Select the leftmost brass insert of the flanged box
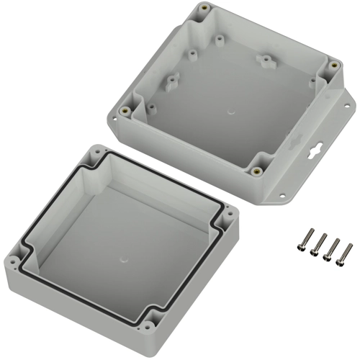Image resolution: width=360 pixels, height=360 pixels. click(126, 111)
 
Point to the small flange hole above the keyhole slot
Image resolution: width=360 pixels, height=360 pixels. click(348, 104)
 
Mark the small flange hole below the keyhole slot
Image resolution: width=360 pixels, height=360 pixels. click(283, 195)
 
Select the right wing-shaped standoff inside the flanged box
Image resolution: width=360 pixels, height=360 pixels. click(266, 60)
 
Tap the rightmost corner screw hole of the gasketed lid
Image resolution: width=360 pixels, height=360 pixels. click(228, 212)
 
